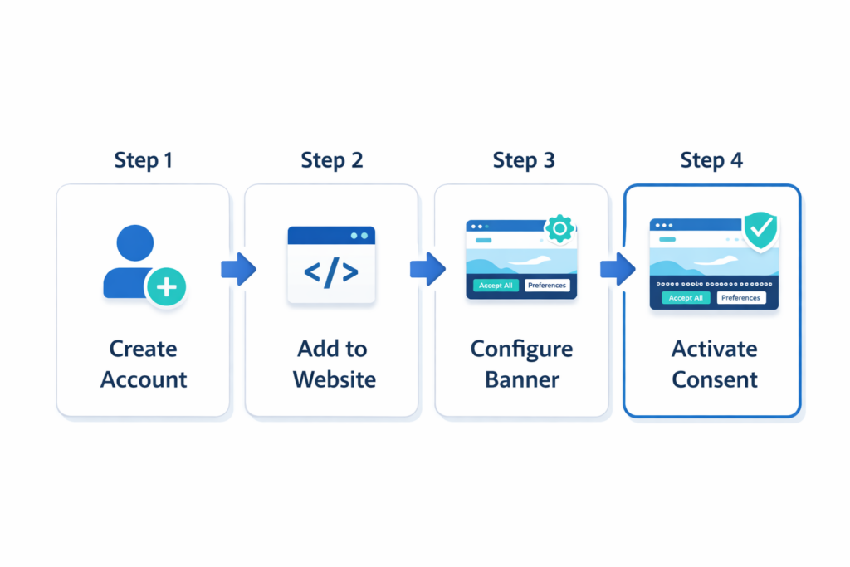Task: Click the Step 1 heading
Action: [143, 159]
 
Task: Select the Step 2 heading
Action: [331, 159]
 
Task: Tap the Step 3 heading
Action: [523, 159]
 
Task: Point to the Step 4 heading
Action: [711, 159]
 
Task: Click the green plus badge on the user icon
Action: [166, 287]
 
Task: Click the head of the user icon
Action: [135, 243]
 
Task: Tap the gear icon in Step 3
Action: [560, 228]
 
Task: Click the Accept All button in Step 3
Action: [496, 286]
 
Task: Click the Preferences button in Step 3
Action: [547, 286]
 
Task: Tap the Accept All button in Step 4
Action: [686, 297]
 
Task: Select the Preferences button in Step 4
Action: [740, 297]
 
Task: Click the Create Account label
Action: [144, 364]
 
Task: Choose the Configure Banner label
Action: [521, 364]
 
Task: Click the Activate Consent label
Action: [714, 364]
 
